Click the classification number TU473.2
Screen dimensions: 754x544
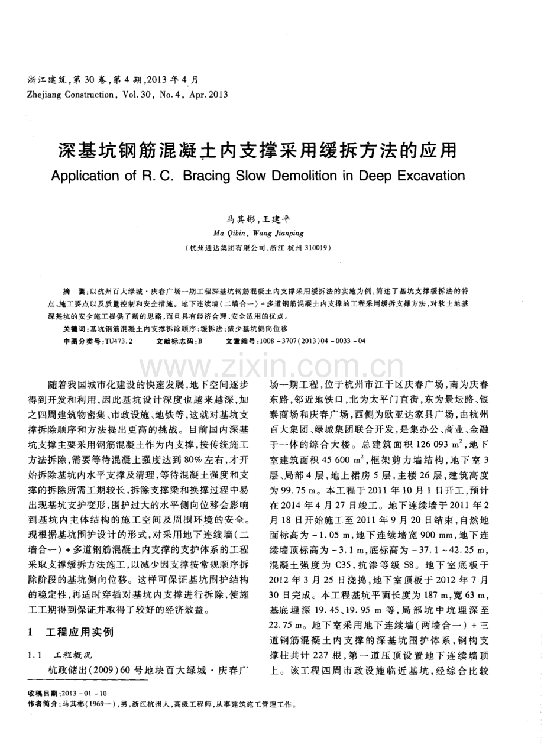pos(118,341)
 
